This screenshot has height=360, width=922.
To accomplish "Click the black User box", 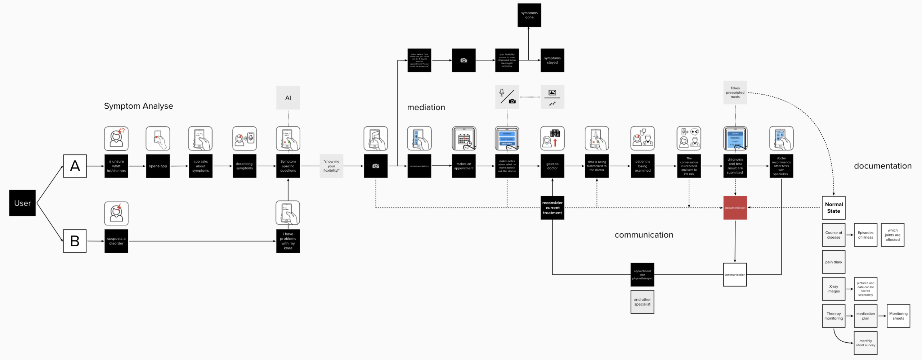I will click(22, 203).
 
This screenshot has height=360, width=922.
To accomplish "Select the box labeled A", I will click(75, 166).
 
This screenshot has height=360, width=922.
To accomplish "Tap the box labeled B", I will click(75, 241).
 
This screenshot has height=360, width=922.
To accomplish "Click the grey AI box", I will click(288, 98).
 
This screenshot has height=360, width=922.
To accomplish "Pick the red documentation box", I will click(735, 208).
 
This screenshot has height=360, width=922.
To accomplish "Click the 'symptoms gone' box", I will click(529, 15).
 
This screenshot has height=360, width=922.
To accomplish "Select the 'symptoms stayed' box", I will click(552, 60).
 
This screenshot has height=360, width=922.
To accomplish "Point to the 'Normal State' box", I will click(833, 208).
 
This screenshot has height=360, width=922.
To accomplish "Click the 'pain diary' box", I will click(833, 262).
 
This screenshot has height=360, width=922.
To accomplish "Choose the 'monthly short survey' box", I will click(865, 343).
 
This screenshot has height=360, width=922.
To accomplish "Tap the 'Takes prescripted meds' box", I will click(735, 93).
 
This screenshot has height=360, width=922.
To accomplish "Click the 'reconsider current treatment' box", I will click(552, 208).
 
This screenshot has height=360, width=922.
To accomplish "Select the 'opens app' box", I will click(158, 166).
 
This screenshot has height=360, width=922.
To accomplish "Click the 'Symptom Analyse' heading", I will click(138, 106).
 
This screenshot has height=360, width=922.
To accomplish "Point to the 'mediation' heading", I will click(426, 107).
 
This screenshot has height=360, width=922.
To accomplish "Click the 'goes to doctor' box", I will click(552, 166).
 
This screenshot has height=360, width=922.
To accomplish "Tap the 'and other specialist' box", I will click(642, 302).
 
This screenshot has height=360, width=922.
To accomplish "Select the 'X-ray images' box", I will click(833, 289).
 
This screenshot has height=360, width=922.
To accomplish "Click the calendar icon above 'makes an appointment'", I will click(464, 138).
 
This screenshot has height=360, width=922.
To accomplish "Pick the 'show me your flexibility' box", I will click(331, 166).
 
